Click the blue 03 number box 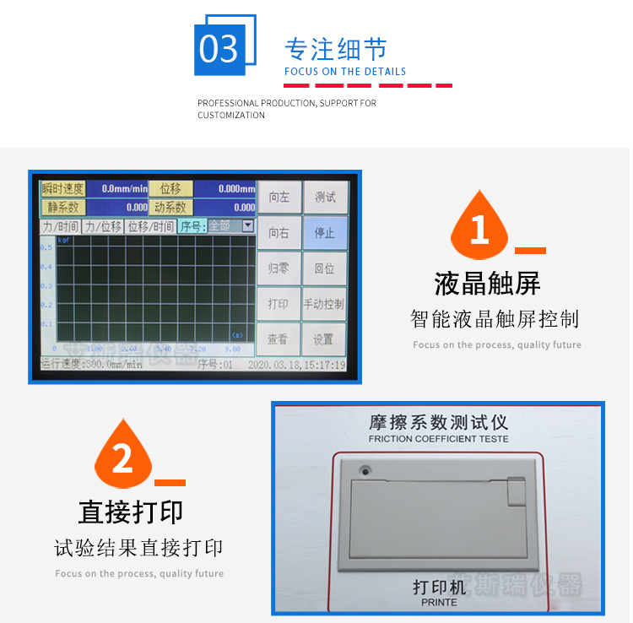219,50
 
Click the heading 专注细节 335,48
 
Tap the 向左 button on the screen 279,198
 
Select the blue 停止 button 325,232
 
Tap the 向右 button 279,232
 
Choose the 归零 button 279,268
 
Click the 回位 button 325,268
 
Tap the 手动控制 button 325,304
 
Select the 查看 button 279,339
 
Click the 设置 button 325,339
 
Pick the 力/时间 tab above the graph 60,226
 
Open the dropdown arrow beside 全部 247,225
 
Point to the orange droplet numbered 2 123,457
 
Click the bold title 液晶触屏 487,284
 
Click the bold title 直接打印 130,512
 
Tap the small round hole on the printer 365,470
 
